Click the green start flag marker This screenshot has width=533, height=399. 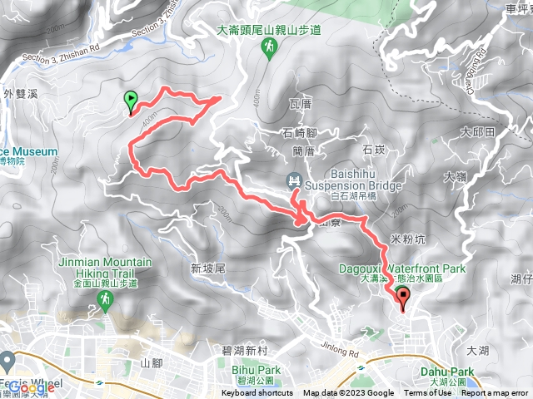(x=131, y=101)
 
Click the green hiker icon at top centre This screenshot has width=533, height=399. (x=269, y=50)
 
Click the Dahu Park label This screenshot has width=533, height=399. (x=451, y=372)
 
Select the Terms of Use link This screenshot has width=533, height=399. (x=429, y=393)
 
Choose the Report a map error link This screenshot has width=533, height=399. (x=496, y=393)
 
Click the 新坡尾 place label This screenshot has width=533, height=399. (x=208, y=268)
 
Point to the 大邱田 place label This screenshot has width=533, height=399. (x=478, y=131)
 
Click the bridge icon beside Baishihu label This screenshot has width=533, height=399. (x=293, y=180)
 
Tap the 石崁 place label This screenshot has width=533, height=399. (x=373, y=150)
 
